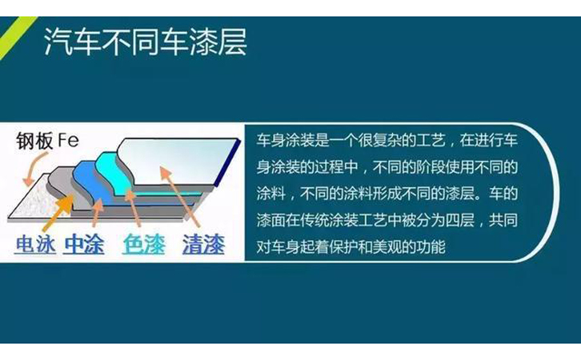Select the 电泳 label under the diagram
pyautogui.click(x=35, y=243)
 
